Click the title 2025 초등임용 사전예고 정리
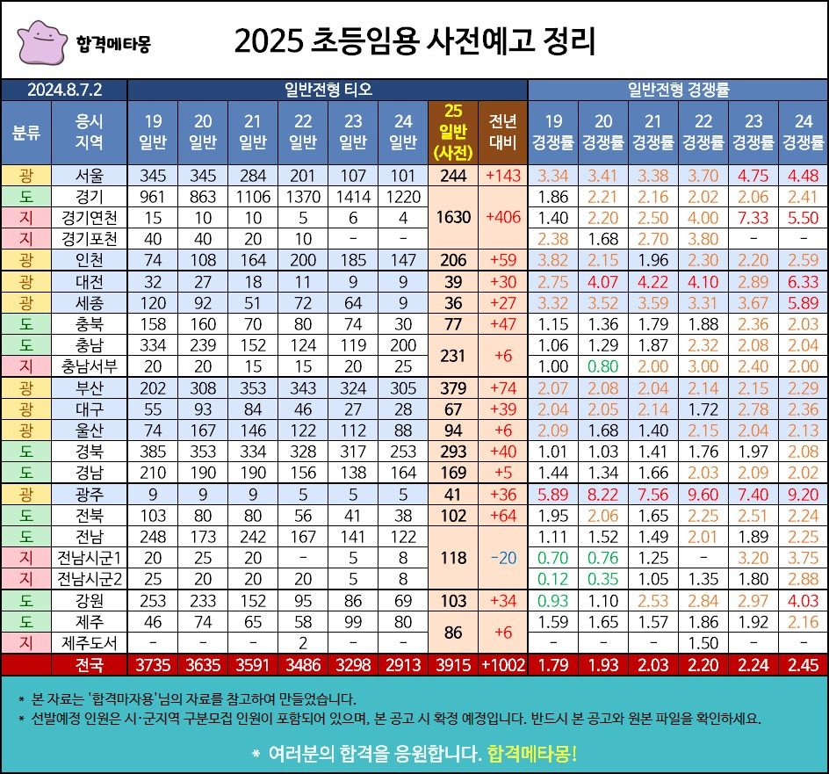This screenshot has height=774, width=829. (414, 40)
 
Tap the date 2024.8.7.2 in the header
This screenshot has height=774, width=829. (65, 89)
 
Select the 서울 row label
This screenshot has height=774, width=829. (90, 174)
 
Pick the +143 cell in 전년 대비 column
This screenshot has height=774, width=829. (502, 174)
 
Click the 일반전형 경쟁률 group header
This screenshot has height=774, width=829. (678, 89)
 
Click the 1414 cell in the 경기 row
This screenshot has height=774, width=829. (354, 195)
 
